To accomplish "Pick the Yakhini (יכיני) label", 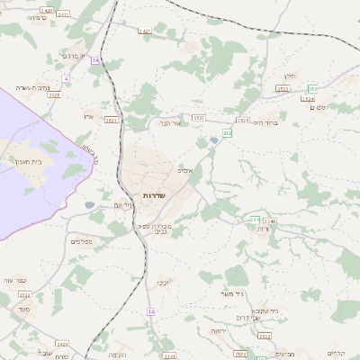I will pyautogui.click(x=163, y=283).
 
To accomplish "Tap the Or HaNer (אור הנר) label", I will pyautogui.click(x=170, y=122).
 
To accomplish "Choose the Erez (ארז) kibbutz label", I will pyautogui.click(x=87, y=116).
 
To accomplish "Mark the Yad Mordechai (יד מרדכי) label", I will pyautogui.click(x=72, y=56).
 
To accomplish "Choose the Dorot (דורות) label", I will pyautogui.click(x=263, y=229).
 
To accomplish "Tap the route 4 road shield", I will pyautogui.click(x=66, y=79).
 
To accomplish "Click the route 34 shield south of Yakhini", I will pyautogui.click(x=150, y=311).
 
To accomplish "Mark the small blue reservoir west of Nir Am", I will pyautogui.click(x=90, y=205).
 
